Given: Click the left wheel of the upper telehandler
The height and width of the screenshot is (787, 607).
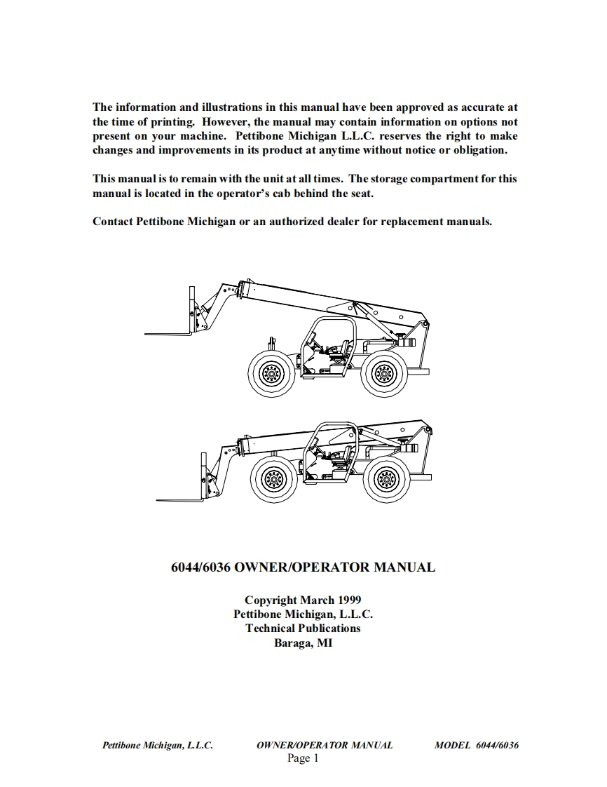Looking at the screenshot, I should [271, 374].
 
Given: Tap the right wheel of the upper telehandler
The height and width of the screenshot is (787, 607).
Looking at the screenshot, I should [383, 373].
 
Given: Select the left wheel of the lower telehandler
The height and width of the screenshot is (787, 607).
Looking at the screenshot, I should [273, 480].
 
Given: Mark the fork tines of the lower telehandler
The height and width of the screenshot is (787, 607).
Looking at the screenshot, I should [179, 500].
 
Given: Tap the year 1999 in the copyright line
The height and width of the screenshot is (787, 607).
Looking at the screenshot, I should [349, 600].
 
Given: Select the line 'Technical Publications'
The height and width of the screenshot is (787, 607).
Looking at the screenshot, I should [303, 628].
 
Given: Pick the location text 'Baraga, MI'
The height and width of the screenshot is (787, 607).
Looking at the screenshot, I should [303, 643].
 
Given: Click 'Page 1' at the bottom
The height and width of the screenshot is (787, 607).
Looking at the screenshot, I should [303, 758].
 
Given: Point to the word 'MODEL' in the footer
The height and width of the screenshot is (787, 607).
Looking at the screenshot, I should [452, 745].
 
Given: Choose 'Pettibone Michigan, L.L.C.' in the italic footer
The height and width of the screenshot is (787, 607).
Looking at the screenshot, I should [158, 745].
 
